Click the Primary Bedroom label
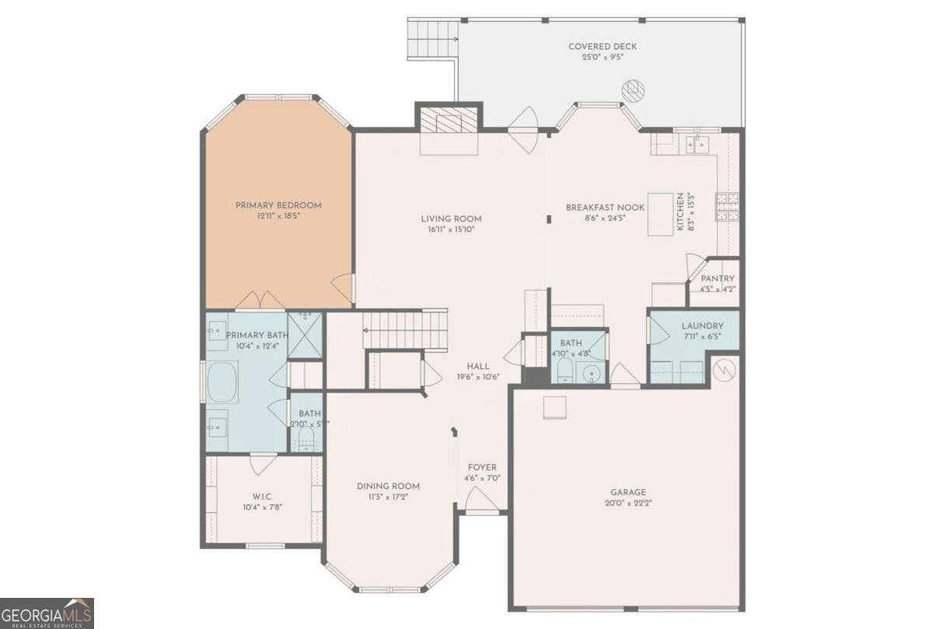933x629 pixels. pos(278,205)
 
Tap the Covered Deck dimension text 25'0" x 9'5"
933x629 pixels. pos(603,58)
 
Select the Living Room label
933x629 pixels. pos(451,218)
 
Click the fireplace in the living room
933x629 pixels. pos(449,122)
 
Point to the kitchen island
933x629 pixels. pos(661,214)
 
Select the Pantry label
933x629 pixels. pos(717,278)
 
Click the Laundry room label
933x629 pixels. pos(702,326)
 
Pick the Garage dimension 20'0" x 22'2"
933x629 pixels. pos(627,503)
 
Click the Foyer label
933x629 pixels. pos(482,467)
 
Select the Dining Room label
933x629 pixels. pos(388,486)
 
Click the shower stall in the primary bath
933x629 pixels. pos(305,335)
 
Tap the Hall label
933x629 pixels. pos(477,366)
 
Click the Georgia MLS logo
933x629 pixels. pos(47,613)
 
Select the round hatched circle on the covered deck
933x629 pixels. pos(634,92)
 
